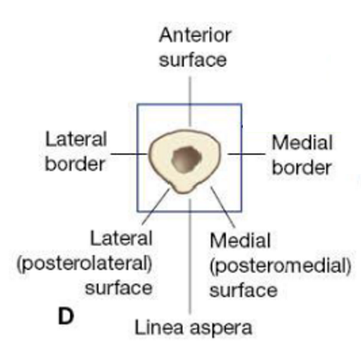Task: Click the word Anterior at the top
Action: pos(195,35)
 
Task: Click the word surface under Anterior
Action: pos(193,59)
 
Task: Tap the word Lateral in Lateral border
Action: pos(76,140)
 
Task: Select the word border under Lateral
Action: pos(75,164)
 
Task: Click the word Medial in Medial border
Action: pos(302,142)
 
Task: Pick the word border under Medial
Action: pos(302,167)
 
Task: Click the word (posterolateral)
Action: pos(84,264)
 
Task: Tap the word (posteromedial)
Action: pos(280,266)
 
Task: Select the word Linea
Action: pos(159,327)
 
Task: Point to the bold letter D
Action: pos(66,315)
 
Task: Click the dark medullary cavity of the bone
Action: pos(187,159)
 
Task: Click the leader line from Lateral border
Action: pos(129,154)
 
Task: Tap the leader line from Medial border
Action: pos(246,154)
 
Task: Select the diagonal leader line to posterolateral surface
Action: pos(155,207)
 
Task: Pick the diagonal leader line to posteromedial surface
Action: pos(223,207)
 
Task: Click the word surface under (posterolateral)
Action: pos(119,288)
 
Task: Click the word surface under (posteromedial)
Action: pos(243,290)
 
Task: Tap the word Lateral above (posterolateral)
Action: pos(121,239)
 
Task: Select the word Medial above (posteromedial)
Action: pos(240,240)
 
